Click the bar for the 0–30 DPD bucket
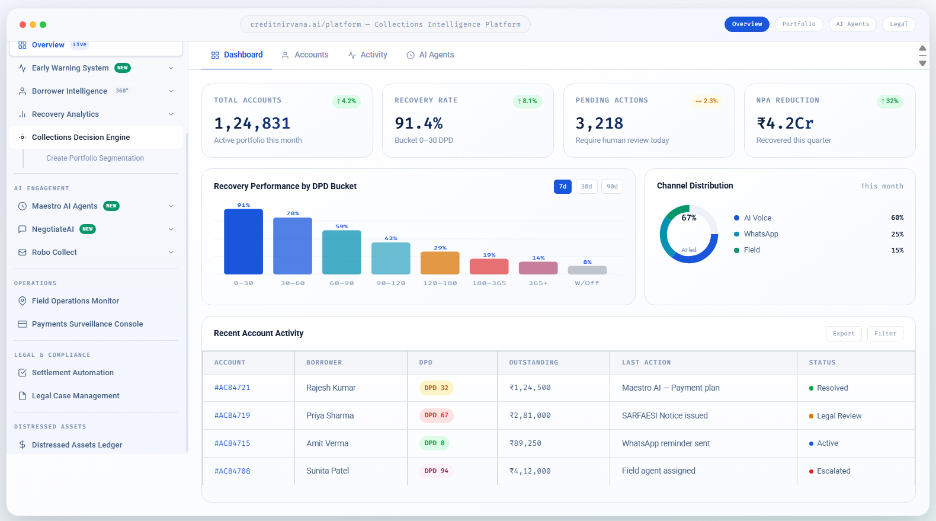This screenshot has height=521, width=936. (243, 242)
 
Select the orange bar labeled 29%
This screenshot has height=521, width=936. (440, 263)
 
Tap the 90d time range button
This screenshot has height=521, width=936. (612, 187)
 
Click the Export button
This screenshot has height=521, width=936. (843, 334)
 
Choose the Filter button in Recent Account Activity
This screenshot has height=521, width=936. (885, 334)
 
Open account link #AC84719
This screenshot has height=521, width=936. (232, 415)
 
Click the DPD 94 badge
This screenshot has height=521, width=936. (436, 471)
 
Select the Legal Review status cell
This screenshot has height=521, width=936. (838, 416)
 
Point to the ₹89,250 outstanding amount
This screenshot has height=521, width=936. (525, 443)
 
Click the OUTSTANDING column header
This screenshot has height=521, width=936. (533, 363)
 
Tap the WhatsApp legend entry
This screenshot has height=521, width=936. (761, 234)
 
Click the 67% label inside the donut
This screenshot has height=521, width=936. (688, 218)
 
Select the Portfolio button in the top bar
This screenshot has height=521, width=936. (799, 24)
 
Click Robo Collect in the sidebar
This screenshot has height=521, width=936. (55, 252)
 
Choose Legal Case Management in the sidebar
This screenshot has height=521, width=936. (75, 396)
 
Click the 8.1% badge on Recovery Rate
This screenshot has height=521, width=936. (527, 101)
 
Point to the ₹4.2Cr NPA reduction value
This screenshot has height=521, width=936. (784, 123)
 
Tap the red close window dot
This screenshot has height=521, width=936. (23, 24)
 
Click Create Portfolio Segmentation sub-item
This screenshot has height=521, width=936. (95, 158)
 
